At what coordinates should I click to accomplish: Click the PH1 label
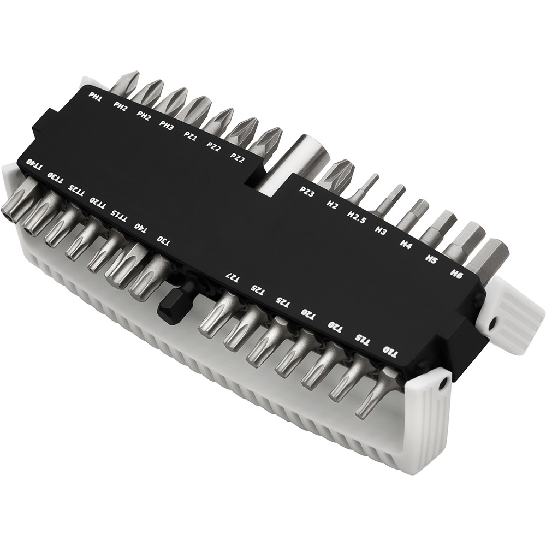click(96, 97)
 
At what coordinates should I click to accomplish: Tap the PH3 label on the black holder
click(167, 124)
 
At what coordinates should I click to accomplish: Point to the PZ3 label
click(307, 192)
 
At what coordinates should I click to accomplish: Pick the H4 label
click(406, 243)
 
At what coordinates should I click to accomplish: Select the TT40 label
click(35, 164)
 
